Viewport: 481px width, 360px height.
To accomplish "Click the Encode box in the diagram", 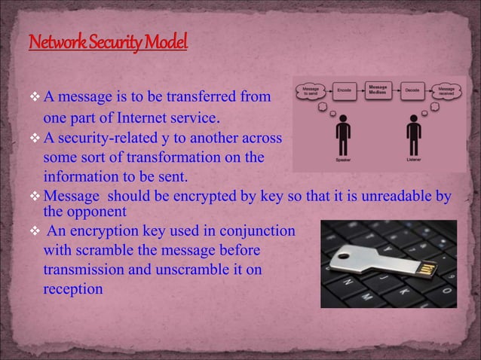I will pyautogui.click(x=345, y=90).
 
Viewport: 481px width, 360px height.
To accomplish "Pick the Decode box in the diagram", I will pyautogui.click(x=412, y=90).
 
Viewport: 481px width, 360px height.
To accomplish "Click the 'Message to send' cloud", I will pyautogui.click(x=311, y=90).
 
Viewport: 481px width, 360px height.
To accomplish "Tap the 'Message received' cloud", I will pyautogui.click(x=446, y=90).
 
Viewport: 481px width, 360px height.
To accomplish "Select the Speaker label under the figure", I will pyautogui.click(x=342, y=160).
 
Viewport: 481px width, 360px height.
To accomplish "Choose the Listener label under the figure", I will pyautogui.click(x=413, y=160).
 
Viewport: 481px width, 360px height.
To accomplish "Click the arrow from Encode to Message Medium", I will pyautogui.click(x=362, y=90).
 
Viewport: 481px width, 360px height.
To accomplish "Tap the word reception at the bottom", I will pyautogui.click(x=72, y=287).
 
